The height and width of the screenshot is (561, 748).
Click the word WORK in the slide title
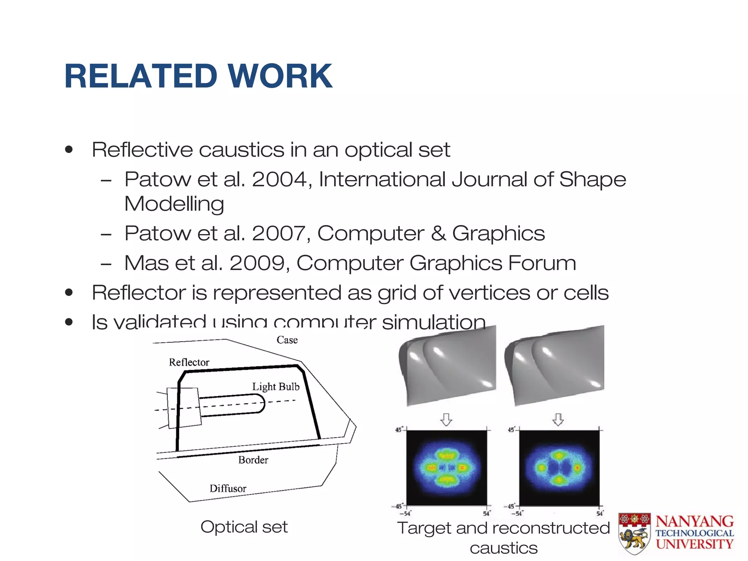[x=280, y=76]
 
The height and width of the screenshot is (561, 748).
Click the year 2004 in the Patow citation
[x=279, y=179]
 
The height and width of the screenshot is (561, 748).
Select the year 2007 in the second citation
[x=279, y=233]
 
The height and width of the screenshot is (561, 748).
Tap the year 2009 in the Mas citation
[x=257, y=263]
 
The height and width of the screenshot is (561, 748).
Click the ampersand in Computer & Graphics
[x=438, y=233]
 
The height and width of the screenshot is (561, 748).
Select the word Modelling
[x=174, y=204]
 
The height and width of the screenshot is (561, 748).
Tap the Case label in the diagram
[x=287, y=340]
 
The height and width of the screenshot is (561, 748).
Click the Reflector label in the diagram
[x=189, y=362]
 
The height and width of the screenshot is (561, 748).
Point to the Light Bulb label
[x=276, y=386]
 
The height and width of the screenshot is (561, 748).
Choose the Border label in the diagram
[x=253, y=460]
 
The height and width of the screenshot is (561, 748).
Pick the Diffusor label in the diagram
[x=228, y=488]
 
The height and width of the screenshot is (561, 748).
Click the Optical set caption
[x=244, y=527]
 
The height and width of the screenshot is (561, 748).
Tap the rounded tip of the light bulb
[x=261, y=404]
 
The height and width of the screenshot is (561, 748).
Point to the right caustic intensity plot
[x=559, y=468]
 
